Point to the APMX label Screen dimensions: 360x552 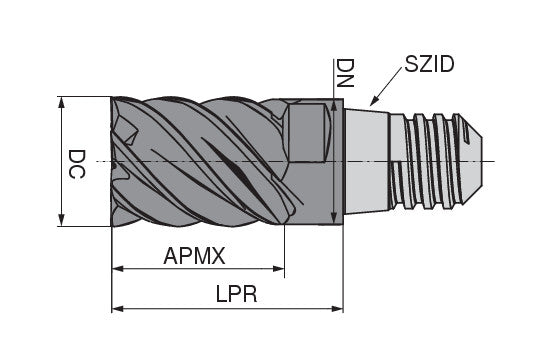[195, 256]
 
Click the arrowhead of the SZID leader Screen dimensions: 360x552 [372, 103]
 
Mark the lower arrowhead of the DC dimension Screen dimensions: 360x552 [63, 222]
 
